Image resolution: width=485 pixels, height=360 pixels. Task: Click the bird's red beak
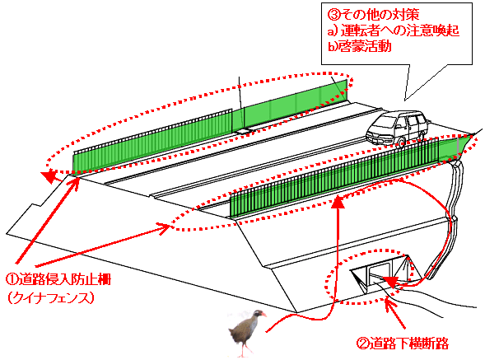click(x=263, y=315)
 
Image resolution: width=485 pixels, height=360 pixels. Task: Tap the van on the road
click(x=398, y=129)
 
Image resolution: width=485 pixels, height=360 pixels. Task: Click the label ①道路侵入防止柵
click(x=58, y=279)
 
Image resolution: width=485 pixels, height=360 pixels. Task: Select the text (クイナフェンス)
click(x=51, y=297)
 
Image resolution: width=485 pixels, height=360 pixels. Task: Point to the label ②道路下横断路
click(x=403, y=343)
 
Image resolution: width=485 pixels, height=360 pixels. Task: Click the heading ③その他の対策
click(x=373, y=14)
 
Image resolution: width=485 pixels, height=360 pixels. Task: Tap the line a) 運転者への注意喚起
click(x=394, y=30)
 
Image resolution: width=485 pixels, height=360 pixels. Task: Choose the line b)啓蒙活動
click(x=360, y=46)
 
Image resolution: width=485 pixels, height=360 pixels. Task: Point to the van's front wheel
click(x=400, y=143)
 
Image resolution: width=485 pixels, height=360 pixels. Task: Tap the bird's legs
click(x=245, y=348)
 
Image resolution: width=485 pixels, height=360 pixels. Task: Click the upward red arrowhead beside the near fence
click(x=338, y=203)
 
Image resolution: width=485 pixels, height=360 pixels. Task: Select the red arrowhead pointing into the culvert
click(x=390, y=281)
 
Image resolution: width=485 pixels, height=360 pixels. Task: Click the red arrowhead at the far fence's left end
click(x=49, y=177)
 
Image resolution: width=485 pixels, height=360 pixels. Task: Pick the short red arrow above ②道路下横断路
click(x=395, y=313)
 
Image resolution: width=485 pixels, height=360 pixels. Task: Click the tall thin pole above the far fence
click(x=240, y=92)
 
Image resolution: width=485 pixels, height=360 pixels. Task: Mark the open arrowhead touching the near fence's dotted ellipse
click(x=165, y=228)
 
